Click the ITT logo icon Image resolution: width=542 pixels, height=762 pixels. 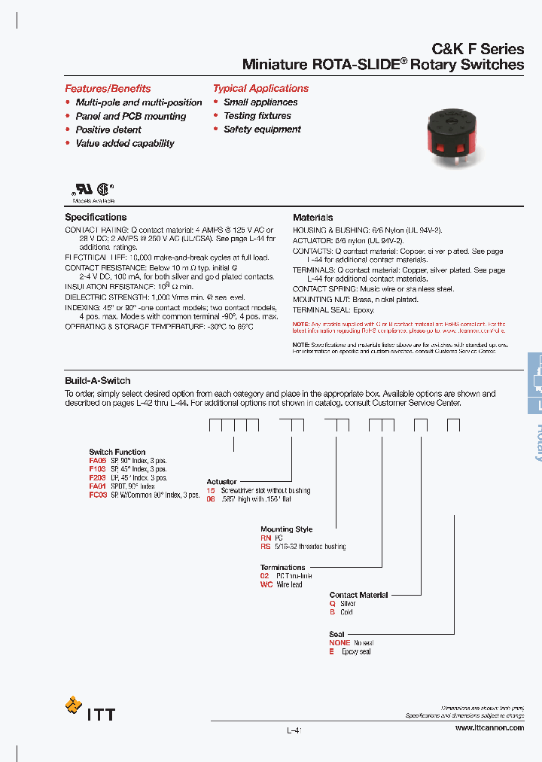[x=74, y=706]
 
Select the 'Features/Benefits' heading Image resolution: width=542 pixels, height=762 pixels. [x=108, y=88]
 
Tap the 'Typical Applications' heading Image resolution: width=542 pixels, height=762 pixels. [x=260, y=88]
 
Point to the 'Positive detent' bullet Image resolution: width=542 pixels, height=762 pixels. [x=108, y=130]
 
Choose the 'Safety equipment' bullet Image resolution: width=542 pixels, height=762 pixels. [x=262, y=130]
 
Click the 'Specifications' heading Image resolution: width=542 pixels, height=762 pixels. [x=96, y=218]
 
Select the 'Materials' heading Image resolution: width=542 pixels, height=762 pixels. [x=312, y=218]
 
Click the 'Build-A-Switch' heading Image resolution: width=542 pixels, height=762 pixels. [x=97, y=381]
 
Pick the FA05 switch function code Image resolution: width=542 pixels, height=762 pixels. [x=98, y=460]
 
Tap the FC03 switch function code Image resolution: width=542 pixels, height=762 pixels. [x=98, y=495]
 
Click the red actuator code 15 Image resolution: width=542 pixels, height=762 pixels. [x=211, y=490]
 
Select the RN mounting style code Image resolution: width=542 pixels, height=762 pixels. [x=265, y=538]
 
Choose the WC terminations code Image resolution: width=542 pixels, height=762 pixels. [x=266, y=584]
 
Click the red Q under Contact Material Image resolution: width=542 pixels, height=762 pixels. [x=332, y=604]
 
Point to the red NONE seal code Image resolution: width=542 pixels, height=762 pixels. [x=340, y=643]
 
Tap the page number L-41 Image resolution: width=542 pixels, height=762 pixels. [x=294, y=730]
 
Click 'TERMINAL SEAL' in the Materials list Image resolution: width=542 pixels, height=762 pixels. [x=318, y=309]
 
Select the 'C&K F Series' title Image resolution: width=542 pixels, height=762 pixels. [x=477, y=49]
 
